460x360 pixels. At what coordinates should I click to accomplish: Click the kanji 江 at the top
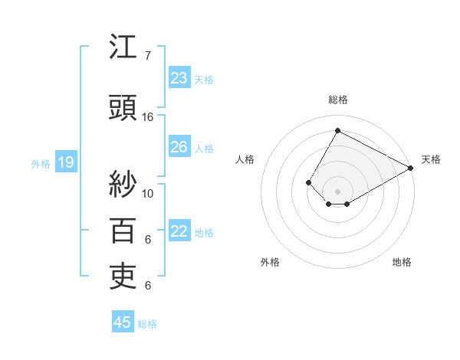(123, 48)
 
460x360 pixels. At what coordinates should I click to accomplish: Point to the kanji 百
(123, 230)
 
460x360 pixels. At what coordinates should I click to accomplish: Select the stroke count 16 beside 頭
(148, 117)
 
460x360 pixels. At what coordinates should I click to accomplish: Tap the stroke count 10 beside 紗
(148, 193)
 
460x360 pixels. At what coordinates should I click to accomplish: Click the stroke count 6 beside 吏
(148, 286)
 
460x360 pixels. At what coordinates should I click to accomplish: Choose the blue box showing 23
(179, 78)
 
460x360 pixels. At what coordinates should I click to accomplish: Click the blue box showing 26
(179, 147)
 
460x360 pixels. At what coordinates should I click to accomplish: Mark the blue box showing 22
(179, 231)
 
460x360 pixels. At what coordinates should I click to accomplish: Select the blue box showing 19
(65, 162)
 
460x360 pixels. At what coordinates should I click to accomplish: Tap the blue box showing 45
(123, 322)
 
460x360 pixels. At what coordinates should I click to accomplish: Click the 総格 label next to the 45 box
(147, 324)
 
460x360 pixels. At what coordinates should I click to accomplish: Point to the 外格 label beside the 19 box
(41, 163)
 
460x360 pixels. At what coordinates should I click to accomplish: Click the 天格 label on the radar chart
(431, 159)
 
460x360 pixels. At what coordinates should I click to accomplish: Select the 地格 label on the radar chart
(402, 262)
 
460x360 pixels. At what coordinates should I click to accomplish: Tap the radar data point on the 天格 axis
(411, 168)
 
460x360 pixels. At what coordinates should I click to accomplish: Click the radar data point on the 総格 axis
(337, 130)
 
